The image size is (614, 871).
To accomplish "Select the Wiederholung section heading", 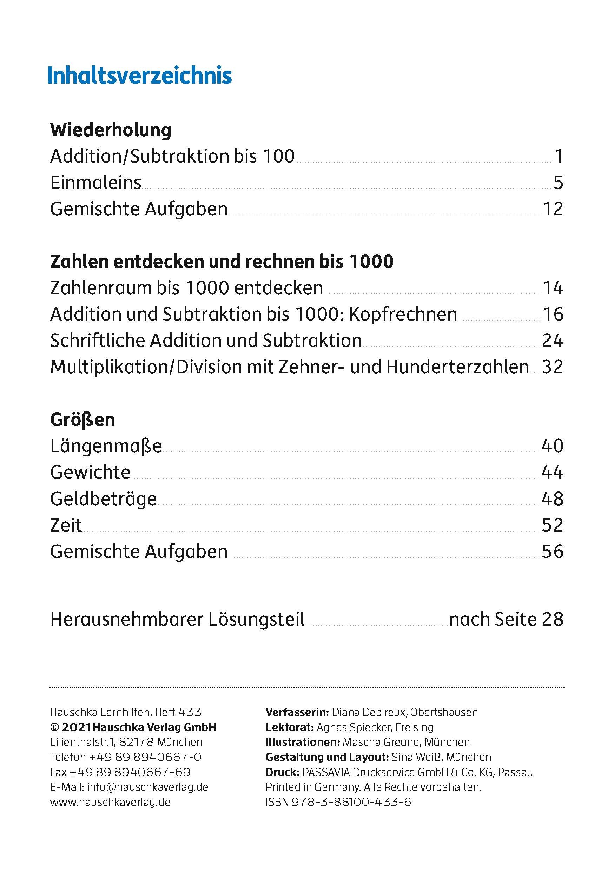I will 111,130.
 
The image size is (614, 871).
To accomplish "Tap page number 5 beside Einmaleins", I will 558,183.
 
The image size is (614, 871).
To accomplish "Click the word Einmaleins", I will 95,183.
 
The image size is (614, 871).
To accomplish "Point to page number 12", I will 553,209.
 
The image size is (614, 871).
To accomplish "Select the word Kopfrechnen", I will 403,315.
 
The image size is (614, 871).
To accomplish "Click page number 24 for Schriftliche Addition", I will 553,341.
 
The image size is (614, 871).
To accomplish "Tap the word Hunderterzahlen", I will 458,367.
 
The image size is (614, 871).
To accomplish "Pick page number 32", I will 553,367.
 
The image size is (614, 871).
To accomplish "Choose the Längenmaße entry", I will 106,447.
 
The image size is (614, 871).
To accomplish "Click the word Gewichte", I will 90,473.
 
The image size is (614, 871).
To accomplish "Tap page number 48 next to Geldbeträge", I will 553,499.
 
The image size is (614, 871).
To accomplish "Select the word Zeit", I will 66,526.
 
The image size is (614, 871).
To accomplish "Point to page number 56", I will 553,552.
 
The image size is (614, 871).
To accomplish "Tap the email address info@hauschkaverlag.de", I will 147,787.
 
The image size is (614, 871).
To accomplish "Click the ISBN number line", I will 338,802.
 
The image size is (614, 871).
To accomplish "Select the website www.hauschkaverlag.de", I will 110,802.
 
